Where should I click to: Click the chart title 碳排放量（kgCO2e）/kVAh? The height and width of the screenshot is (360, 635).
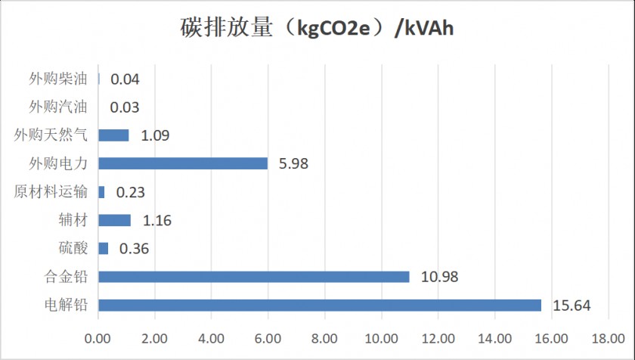tap(317, 29)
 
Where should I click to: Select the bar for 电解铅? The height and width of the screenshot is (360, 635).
tap(320, 306)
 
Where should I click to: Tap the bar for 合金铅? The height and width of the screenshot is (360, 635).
tap(254, 277)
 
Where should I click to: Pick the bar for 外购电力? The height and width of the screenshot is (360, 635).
tap(183, 163)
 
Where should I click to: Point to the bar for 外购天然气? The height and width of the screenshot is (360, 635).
tap(113, 135)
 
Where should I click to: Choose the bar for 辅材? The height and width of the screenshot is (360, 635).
tap(114, 220)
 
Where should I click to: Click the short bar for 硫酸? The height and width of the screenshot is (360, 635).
tap(104, 248)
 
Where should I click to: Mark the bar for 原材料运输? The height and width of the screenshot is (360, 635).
tap(101, 192)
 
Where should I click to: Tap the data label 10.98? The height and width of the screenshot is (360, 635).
tap(438, 277)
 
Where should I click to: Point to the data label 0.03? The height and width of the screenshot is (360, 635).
tap(125, 107)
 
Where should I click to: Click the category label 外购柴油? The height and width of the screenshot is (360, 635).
tap(58, 79)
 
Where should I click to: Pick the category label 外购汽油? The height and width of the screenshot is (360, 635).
tap(58, 107)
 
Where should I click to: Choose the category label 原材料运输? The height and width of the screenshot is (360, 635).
tap(51, 191)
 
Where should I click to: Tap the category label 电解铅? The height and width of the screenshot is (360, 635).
tap(65, 305)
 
